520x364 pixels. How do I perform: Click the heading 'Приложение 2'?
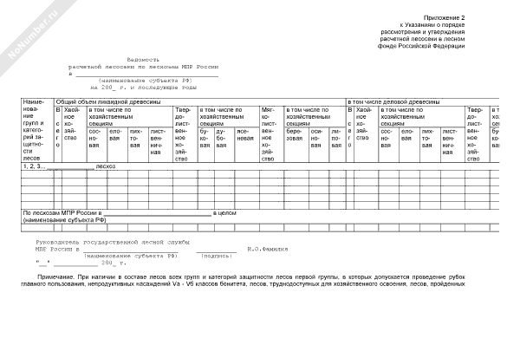point(445,17)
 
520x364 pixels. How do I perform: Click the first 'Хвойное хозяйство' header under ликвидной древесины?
point(71,124)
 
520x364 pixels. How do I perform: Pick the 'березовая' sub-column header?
point(294,137)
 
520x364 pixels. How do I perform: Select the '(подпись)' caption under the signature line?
point(215,257)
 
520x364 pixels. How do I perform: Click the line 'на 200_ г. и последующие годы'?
point(143,88)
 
